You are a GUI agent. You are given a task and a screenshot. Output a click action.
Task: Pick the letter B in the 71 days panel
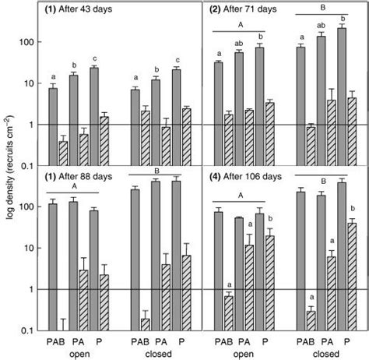[x=319, y=11]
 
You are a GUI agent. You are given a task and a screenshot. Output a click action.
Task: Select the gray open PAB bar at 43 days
[x=53, y=126]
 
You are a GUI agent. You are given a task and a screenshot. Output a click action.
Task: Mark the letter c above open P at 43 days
[x=95, y=58]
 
